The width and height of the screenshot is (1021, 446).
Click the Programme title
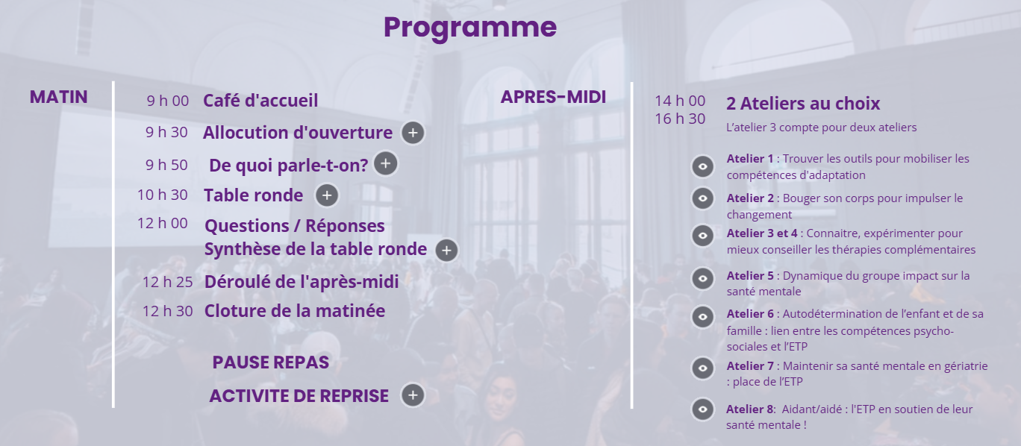click(x=470, y=28)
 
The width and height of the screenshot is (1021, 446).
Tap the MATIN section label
click(x=58, y=97)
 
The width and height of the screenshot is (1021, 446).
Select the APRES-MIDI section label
click(x=553, y=97)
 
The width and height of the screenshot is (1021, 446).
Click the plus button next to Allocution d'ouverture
click(x=413, y=133)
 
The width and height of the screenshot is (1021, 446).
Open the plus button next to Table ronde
click(x=327, y=195)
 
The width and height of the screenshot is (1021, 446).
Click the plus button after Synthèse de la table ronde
click(x=446, y=250)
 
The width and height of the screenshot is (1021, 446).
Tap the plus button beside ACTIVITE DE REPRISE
click(x=413, y=395)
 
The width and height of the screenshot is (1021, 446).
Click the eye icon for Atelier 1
click(x=703, y=166)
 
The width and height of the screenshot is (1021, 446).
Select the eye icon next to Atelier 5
click(x=703, y=278)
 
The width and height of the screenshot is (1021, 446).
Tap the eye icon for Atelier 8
click(x=703, y=409)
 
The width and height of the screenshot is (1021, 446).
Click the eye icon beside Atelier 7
click(x=703, y=368)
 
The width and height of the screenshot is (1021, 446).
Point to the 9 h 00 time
click(x=167, y=101)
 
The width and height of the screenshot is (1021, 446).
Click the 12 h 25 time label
click(x=167, y=282)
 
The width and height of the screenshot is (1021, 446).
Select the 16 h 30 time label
click(x=680, y=119)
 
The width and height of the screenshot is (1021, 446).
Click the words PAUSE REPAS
click(x=271, y=362)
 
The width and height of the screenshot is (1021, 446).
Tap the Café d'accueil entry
click(x=260, y=101)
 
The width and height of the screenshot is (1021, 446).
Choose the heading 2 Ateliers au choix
click(x=802, y=104)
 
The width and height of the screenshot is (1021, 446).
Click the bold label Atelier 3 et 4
click(x=762, y=233)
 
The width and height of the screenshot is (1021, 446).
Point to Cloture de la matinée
click(x=295, y=311)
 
